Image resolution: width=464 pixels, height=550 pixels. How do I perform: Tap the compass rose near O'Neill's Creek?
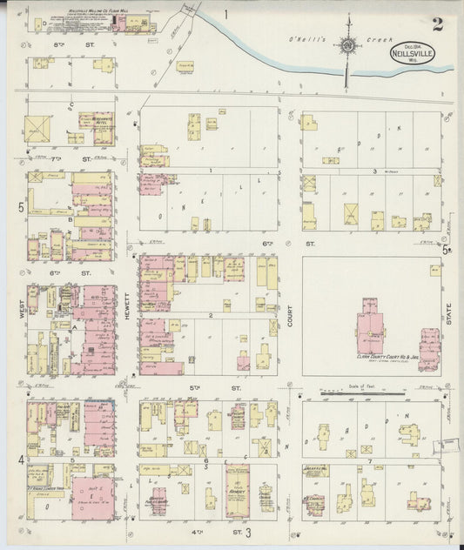tap(347, 46)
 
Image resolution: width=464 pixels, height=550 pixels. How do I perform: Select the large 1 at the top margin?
tap(225, 14)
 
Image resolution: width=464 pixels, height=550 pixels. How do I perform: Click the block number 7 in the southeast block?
tap(369, 460)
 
